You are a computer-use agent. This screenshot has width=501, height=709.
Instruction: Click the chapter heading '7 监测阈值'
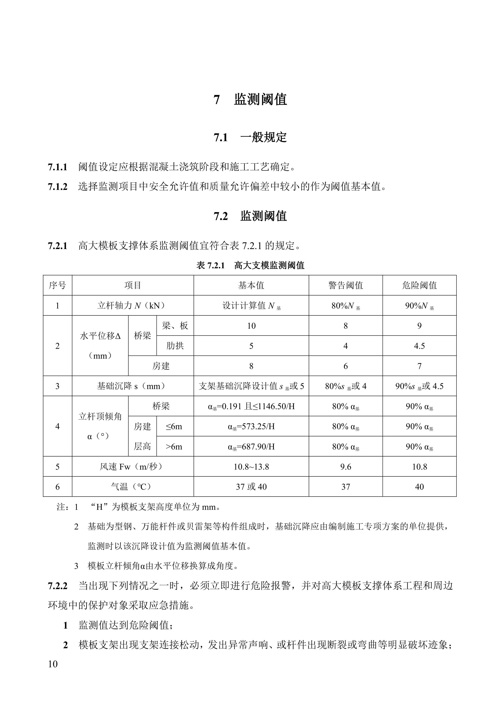tap(250, 99)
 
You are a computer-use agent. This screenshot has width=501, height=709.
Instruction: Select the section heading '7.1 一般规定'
tap(250, 137)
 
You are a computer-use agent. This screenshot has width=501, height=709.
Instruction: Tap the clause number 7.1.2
tap(58, 187)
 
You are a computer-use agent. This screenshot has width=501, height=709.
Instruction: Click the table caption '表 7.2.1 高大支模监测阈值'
tap(250, 265)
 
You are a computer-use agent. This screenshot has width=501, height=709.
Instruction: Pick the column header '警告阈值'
tap(346, 285)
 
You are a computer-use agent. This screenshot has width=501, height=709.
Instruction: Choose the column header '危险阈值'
tap(419, 285)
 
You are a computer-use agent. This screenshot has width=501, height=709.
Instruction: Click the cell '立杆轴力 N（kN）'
tap(133, 306)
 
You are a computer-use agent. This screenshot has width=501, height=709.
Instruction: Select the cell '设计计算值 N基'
tap(251, 306)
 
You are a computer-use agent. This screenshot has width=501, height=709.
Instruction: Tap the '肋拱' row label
tap(175, 346)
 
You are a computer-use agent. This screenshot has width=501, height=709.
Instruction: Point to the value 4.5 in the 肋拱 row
tap(419, 346)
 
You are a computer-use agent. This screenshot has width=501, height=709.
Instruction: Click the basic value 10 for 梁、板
tap(251, 326)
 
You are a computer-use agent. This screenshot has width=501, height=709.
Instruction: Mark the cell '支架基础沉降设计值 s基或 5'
tap(251, 386)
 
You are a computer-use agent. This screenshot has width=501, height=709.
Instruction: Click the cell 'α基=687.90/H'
tap(251, 447)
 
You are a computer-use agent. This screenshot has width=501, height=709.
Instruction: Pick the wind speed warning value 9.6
tap(346, 467)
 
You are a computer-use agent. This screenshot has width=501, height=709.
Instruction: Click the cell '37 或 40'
tap(251, 487)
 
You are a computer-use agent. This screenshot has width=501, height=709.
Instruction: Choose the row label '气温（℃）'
tap(133, 487)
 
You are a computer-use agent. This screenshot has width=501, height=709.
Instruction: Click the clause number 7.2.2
tap(58, 586)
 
